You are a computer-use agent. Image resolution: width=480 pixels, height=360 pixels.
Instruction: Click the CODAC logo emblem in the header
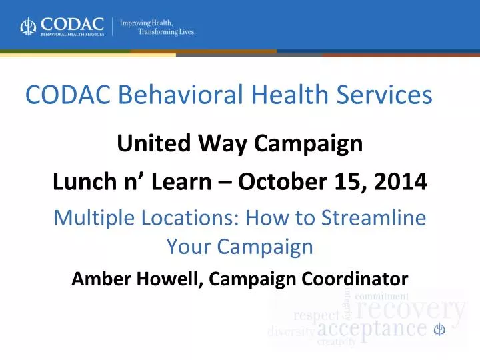(x=28, y=26)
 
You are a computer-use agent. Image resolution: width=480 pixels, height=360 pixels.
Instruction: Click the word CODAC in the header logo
(x=72, y=24)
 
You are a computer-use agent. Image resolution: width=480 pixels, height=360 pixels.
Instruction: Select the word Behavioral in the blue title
(x=181, y=94)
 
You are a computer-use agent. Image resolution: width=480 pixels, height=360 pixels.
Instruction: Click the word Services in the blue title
(x=384, y=94)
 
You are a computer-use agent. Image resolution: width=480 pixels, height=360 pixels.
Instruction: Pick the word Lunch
(x=85, y=181)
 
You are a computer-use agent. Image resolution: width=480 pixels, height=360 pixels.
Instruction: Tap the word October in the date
(x=283, y=181)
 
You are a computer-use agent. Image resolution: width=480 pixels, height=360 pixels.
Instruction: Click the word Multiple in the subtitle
(x=94, y=219)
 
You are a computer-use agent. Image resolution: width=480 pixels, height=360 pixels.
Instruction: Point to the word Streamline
(x=373, y=217)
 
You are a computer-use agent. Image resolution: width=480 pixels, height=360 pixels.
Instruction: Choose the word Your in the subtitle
(x=189, y=246)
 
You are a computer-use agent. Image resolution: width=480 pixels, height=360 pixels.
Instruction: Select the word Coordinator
(x=355, y=279)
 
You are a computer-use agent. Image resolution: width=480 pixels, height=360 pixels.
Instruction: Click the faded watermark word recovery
(x=410, y=310)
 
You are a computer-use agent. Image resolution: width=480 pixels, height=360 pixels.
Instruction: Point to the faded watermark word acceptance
(x=372, y=329)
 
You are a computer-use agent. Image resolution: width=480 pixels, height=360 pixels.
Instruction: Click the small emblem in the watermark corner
(x=439, y=329)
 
